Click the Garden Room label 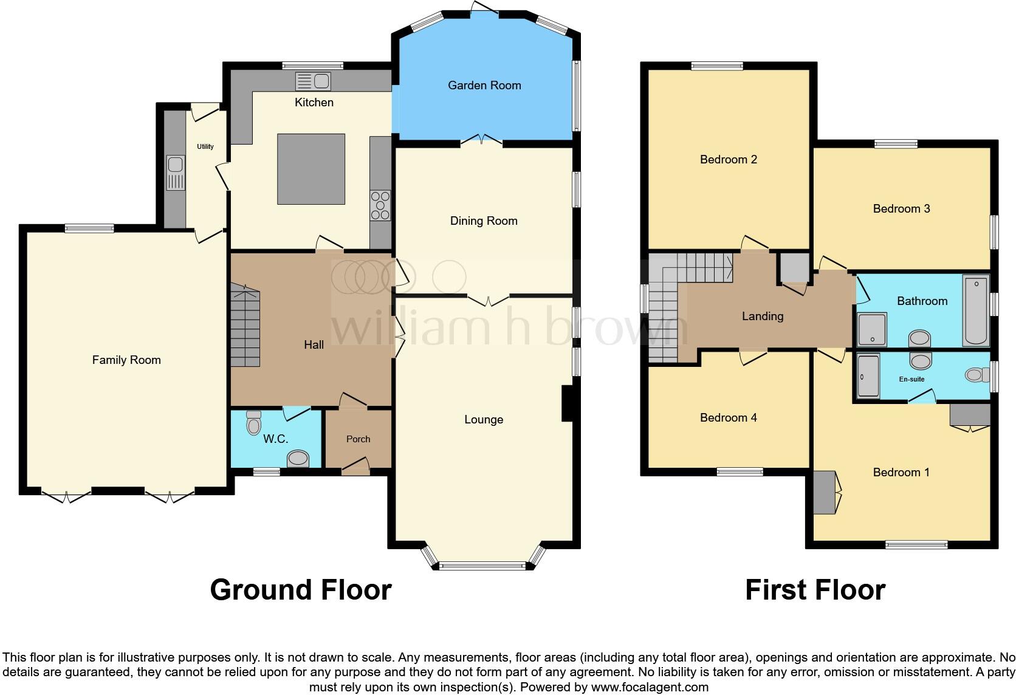484,85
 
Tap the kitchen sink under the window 313,81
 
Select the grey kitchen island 311,169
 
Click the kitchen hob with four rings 380,205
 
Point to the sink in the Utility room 176,173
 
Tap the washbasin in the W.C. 298,458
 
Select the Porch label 359,439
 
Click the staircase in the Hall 245,325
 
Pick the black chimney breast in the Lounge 568,403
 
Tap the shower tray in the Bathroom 871,330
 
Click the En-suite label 911,379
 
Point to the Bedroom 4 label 729,417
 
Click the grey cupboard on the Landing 794,268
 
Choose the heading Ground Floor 301,590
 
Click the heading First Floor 815,590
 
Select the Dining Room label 484,221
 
